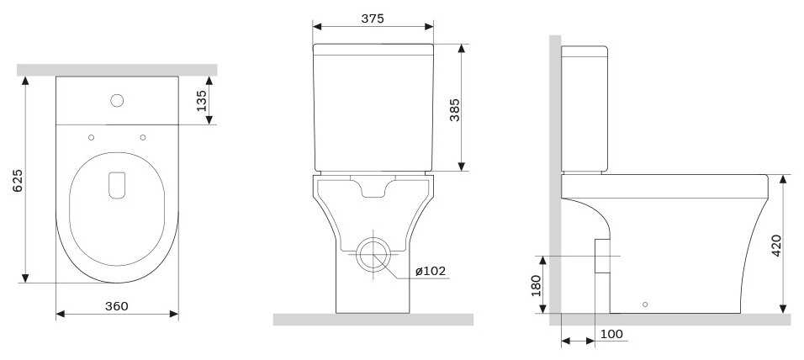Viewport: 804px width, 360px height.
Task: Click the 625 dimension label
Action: tap(18, 181)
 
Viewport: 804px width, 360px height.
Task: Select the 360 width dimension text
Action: tap(116, 306)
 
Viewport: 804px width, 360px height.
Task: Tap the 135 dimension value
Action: tap(202, 101)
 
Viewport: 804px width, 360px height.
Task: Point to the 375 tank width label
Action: tap(373, 19)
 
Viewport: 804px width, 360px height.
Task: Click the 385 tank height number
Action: tap(455, 109)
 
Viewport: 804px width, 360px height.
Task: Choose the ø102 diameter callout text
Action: tap(431, 271)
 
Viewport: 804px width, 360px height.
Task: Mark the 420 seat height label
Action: tap(776, 246)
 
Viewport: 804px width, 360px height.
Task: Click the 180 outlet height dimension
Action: tap(536, 285)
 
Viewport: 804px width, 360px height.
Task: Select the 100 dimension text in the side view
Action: tap(611, 335)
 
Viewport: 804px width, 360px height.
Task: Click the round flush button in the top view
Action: tap(117, 100)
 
